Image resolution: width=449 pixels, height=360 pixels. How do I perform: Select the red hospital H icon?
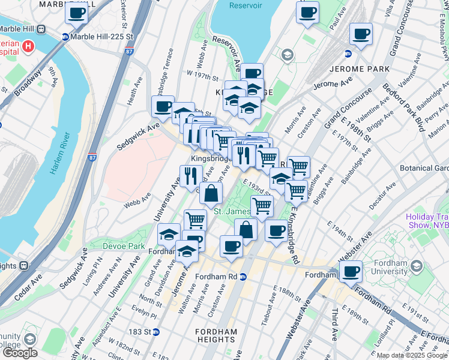click(28, 46)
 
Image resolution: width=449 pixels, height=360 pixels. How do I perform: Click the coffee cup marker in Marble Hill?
click(77, 13)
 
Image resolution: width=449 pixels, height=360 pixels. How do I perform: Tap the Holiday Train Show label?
click(427, 221)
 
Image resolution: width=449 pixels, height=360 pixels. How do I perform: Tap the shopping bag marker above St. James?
click(211, 193)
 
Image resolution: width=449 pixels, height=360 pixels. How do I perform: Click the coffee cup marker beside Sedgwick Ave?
click(163, 107)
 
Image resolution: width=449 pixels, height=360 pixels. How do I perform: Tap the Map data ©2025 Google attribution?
click(412, 355)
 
